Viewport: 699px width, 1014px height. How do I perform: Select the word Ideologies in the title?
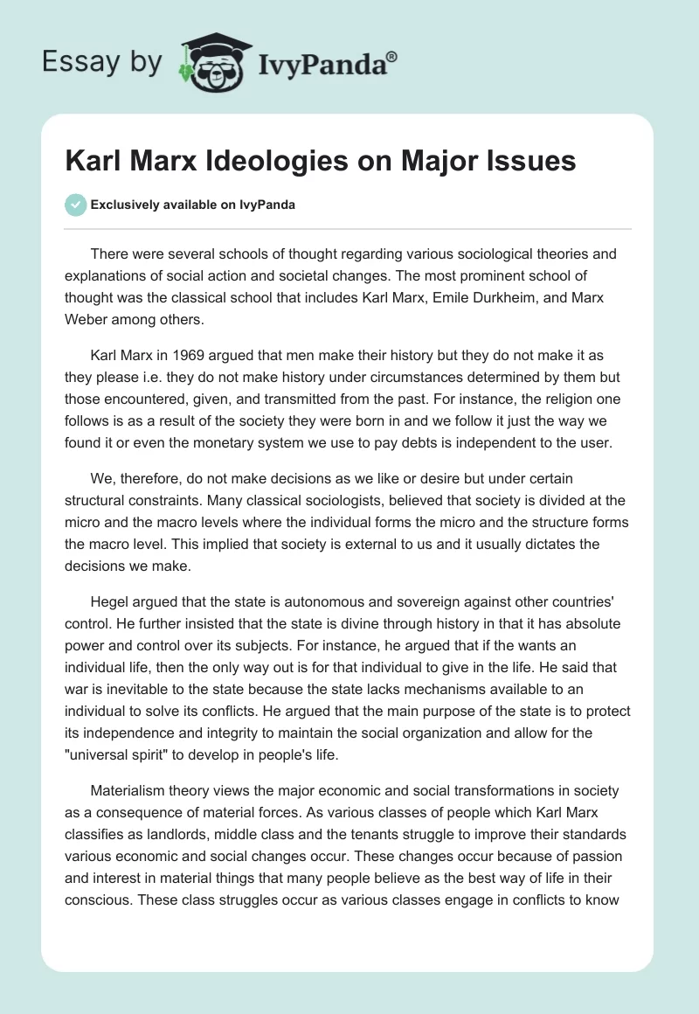[288, 161]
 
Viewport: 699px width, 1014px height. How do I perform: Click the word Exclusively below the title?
[124, 206]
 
